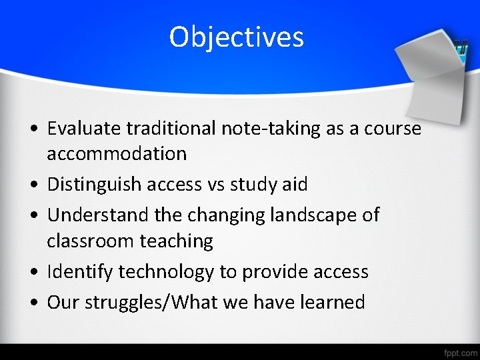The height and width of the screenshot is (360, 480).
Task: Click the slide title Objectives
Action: [x=237, y=37]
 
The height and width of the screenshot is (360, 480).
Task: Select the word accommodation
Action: [x=117, y=153]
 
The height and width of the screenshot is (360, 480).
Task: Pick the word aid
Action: [x=295, y=184]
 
